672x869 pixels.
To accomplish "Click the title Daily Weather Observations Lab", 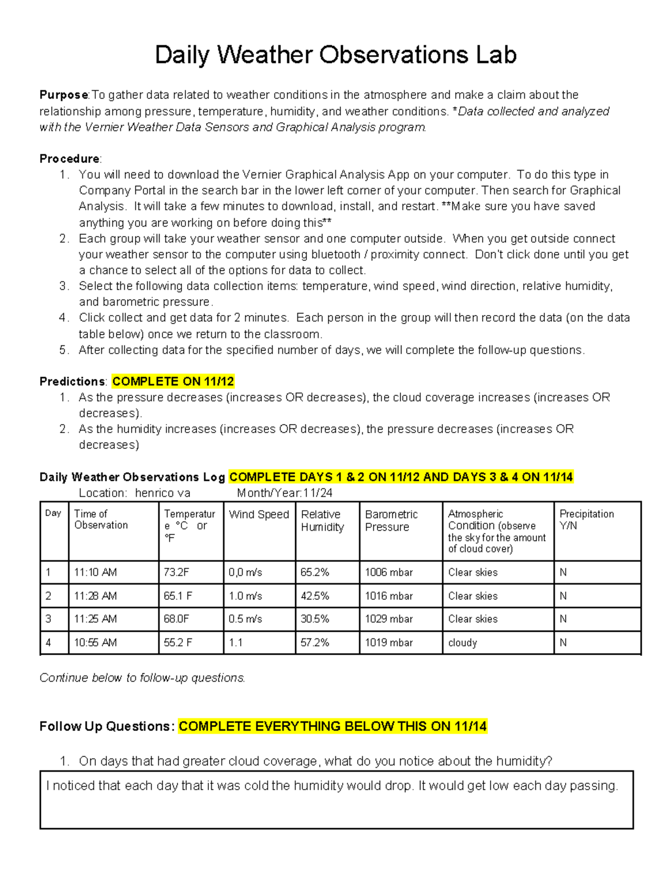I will [335, 55].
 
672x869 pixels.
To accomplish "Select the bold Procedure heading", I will [69, 159].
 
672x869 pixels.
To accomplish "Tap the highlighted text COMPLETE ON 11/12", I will [173, 382].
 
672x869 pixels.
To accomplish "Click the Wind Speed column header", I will [259, 514].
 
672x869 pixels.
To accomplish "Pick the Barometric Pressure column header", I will [391, 520].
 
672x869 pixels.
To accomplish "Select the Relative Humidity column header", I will [322, 520].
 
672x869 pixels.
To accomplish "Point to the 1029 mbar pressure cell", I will [389, 619].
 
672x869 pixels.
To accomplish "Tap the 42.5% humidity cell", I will [315, 596].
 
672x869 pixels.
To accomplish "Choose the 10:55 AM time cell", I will [95, 642].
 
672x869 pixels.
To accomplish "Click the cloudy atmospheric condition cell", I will [463, 642].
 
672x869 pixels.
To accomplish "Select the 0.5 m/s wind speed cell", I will [245, 619].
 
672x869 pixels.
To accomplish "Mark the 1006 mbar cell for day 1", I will [389, 572].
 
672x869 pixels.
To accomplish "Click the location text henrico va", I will [162, 493].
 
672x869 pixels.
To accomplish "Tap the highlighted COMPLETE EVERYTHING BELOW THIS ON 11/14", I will [333, 726].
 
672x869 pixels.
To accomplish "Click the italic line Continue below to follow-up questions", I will [142, 678].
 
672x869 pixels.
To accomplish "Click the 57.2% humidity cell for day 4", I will [315, 642].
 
